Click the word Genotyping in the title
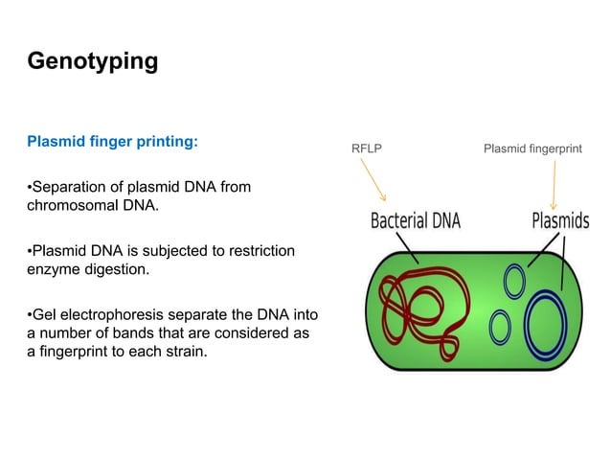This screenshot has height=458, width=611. tap(92, 62)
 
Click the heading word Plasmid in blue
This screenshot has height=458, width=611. tap(57, 142)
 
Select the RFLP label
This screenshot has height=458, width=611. tap(367, 149)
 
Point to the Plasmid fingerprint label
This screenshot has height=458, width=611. tap(532, 149)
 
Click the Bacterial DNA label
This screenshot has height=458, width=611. tap(415, 221)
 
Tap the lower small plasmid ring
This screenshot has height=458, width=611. tap(500, 328)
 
